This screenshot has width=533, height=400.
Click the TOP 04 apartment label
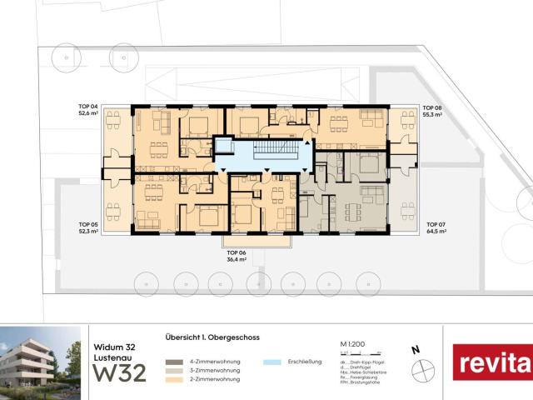88,107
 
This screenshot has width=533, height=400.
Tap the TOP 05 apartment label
88,224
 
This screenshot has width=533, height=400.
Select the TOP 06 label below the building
238,252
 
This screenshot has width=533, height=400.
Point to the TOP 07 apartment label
436,224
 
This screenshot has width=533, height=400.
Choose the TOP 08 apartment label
431,107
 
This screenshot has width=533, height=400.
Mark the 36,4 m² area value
238,260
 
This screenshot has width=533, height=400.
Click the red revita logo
492,362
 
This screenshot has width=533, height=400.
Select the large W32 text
118,372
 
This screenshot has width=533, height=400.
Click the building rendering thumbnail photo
40,361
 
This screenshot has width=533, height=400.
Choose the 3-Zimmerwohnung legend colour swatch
172,371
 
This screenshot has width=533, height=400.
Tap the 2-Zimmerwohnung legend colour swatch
172,379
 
